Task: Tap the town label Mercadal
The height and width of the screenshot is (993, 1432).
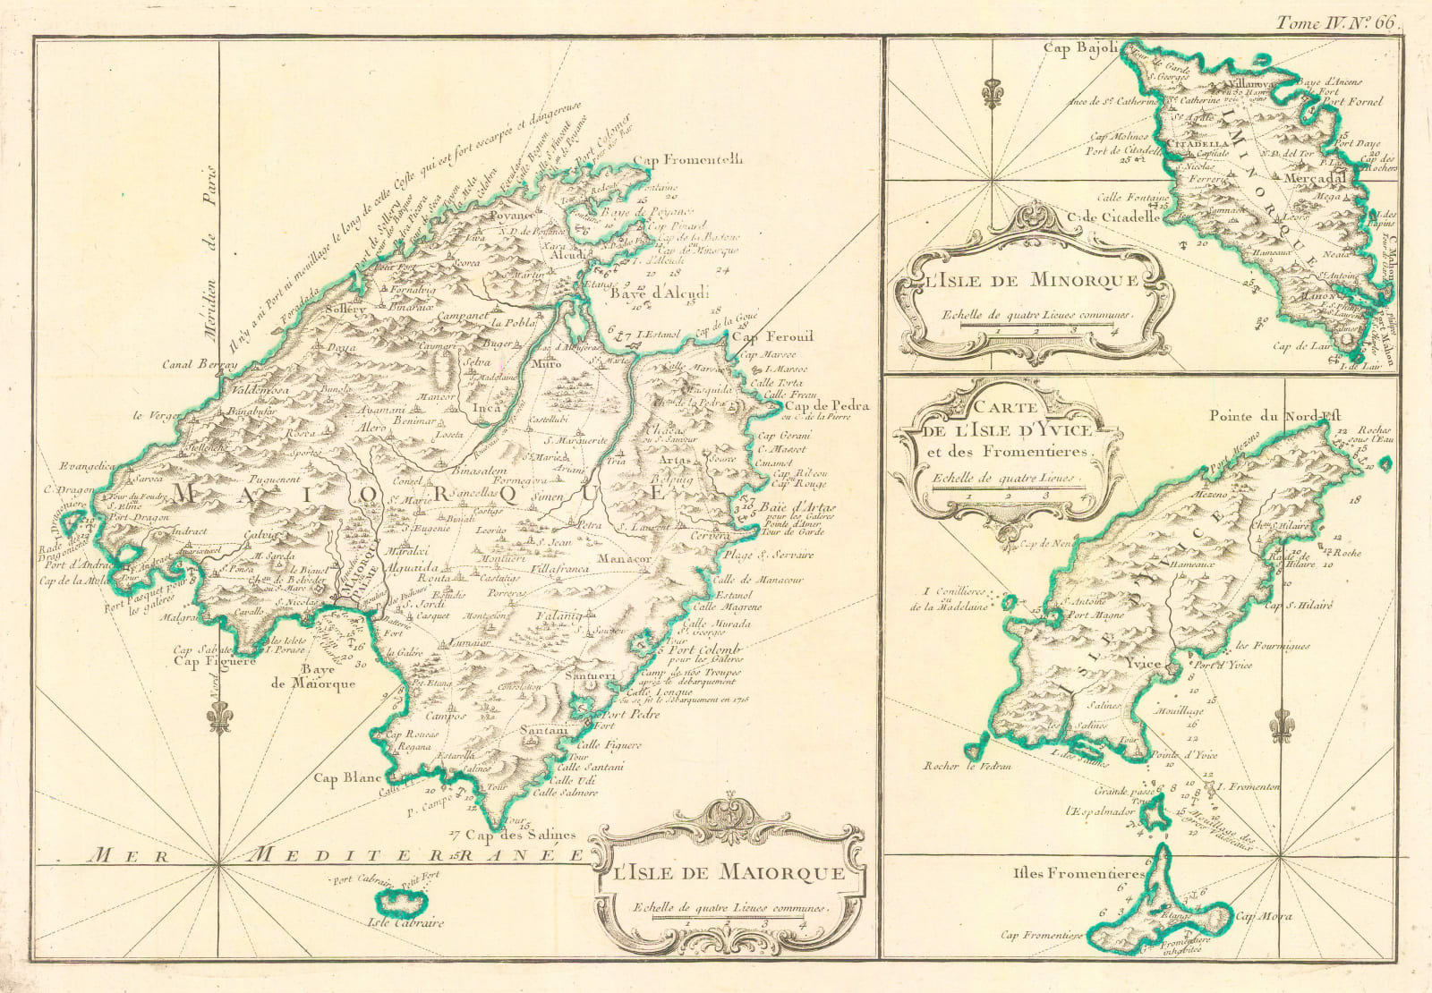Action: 1314,177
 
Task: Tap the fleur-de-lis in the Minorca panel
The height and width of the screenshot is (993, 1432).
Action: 989,92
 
